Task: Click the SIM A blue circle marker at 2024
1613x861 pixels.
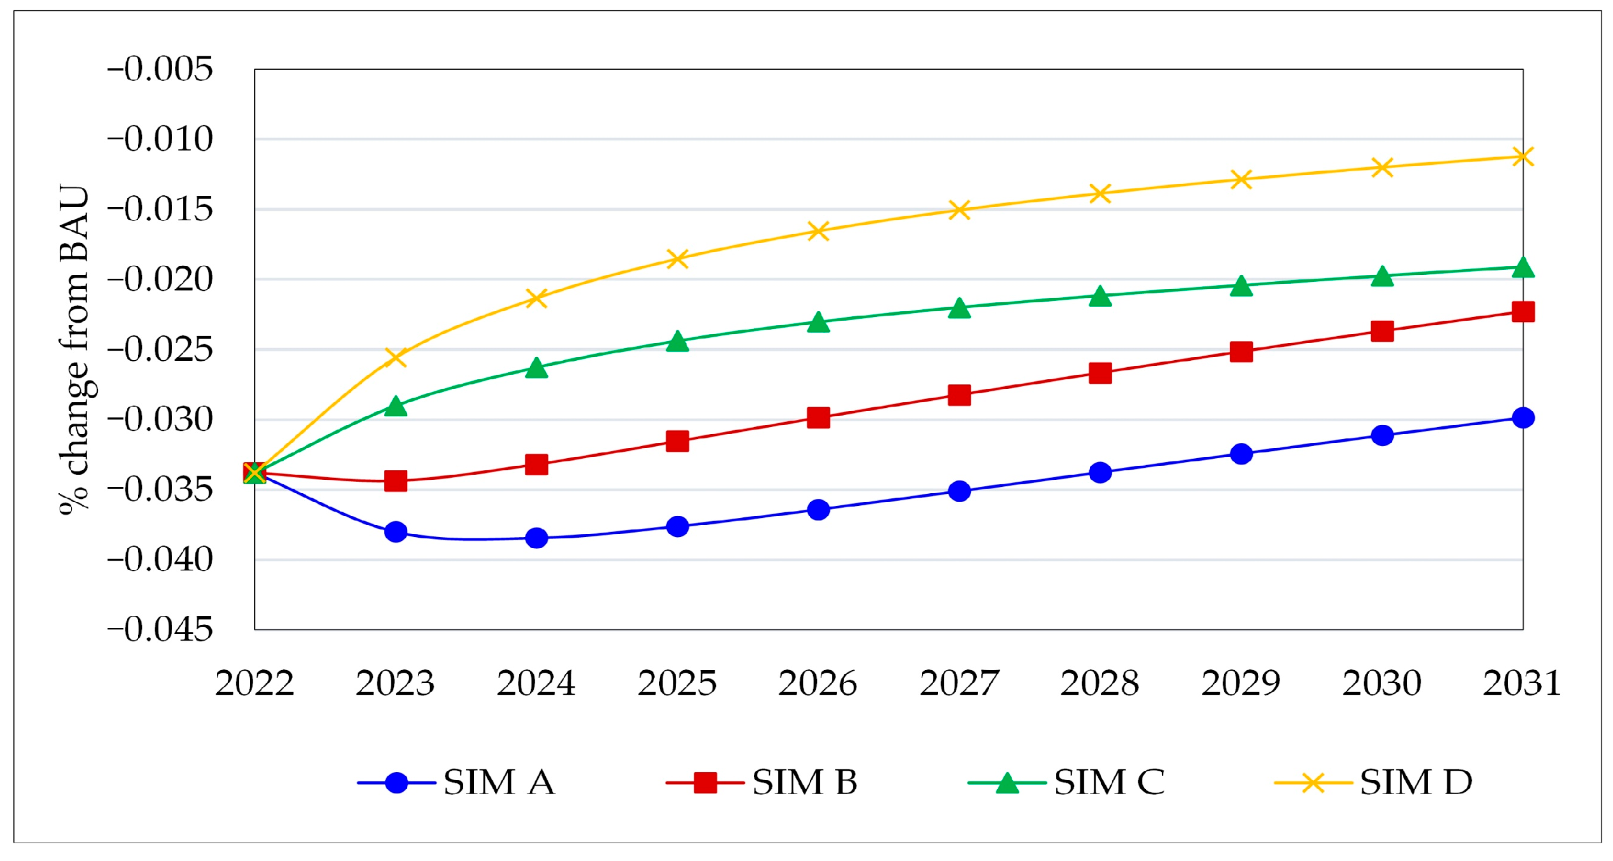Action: click(x=536, y=538)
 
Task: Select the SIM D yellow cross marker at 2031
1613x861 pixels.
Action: click(x=1523, y=157)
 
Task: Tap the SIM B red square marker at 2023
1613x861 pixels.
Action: click(x=396, y=480)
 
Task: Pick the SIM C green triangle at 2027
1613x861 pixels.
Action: click(x=959, y=309)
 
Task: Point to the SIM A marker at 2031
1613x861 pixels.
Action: click(x=1523, y=417)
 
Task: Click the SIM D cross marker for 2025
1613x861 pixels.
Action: click(x=678, y=258)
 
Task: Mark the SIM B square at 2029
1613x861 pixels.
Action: click(x=1241, y=351)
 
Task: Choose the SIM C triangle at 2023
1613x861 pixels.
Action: click(x=396, y=406)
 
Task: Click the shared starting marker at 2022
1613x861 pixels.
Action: click(x=255, y=473)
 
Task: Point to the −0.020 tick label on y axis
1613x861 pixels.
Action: click(x=160, y=279)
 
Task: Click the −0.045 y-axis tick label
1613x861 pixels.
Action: click(x=160, y=629)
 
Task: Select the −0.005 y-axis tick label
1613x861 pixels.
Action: click(x=160, y=69)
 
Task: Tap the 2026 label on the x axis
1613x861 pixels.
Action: click(x=818, y=683)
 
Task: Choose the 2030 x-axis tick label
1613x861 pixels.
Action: click(x=1381, y=683)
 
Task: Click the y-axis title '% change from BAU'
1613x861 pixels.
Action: click(x=75, y=349)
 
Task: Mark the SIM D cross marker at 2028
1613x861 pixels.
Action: click(x=1100, y=193)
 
